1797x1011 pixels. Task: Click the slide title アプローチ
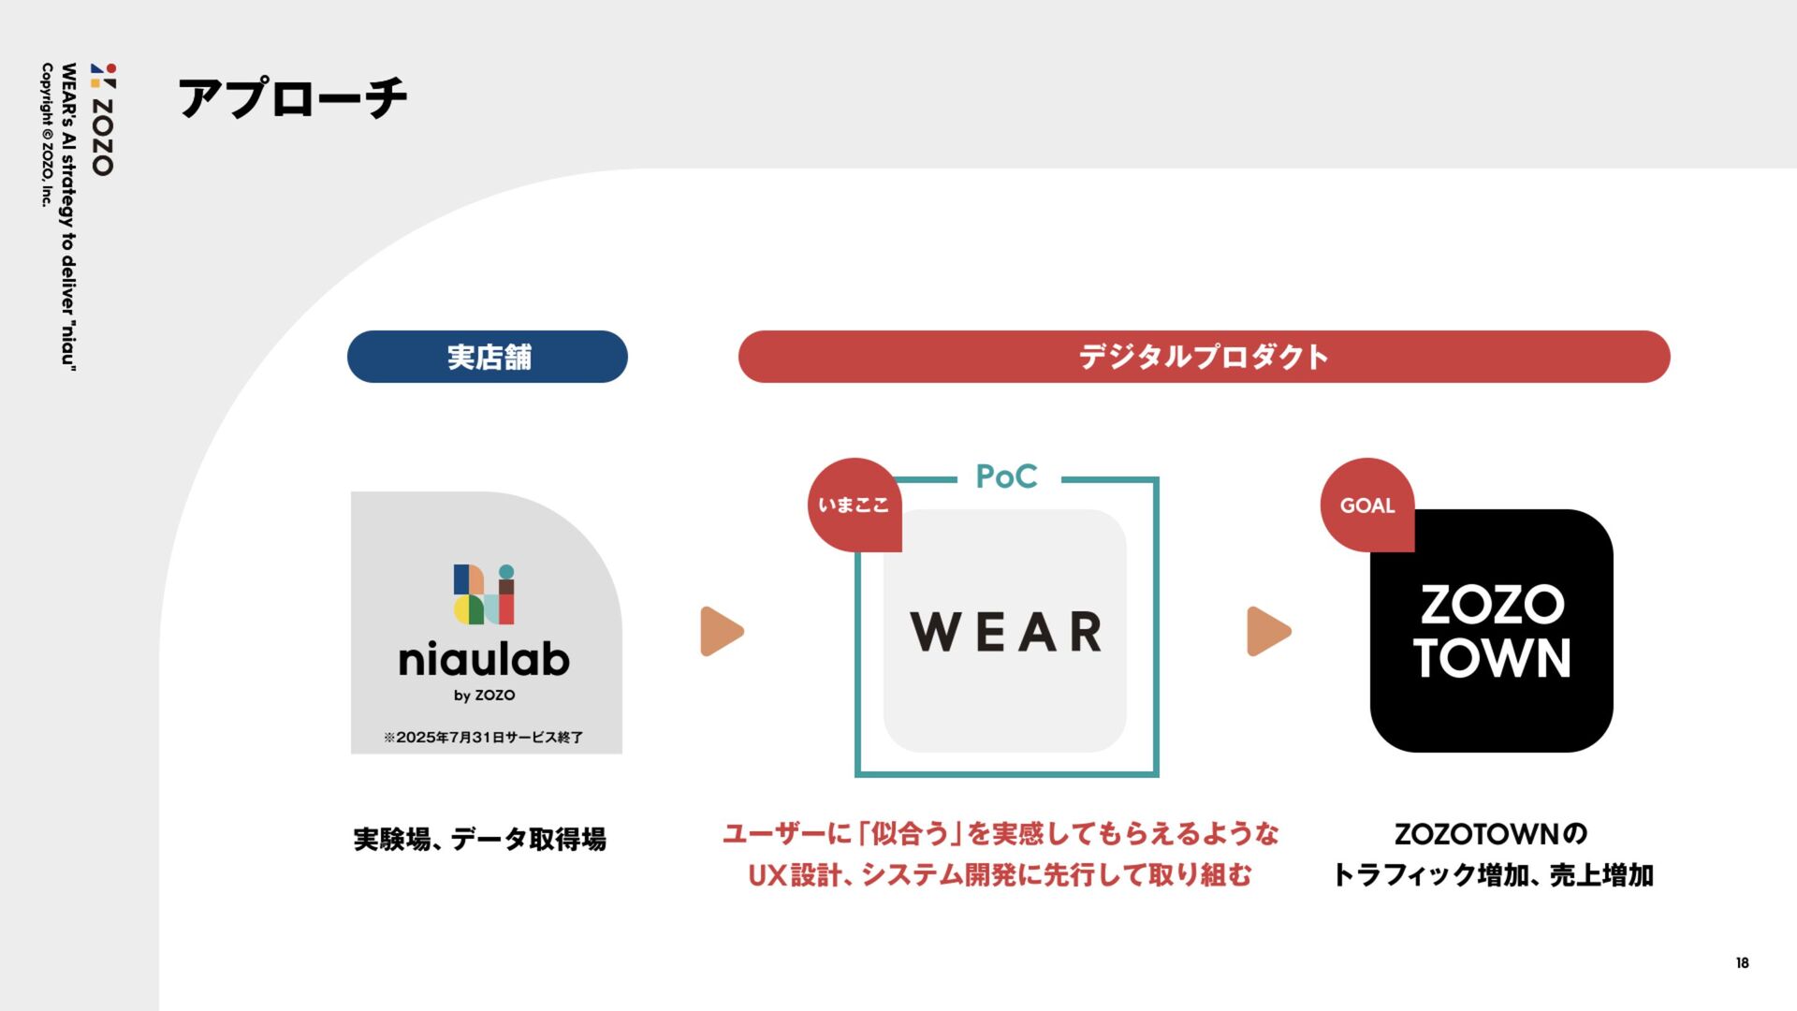(x=293, y=98)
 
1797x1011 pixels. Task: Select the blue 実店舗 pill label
(x=488, y=357)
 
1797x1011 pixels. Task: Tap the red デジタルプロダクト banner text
(x=1204, y=357)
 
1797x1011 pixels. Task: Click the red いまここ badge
(x=854, y=505)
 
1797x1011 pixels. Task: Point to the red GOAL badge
(x=1367, y=505)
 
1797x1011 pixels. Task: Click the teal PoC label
(x=1006, y=476)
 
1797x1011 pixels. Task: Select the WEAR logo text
(x=1006, y=632)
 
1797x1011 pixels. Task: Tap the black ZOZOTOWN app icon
(x=1491, y=631)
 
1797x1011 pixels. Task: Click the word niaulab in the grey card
(x=484, y=660)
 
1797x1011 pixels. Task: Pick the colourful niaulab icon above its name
(x=485, y=594)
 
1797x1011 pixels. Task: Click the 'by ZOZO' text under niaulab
(x=485, y=696)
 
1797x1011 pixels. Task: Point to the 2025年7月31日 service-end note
(x=483, y=738)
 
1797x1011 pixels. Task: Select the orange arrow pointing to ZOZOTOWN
(x=1268, y=632)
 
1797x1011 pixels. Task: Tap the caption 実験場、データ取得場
(x=480, y=840)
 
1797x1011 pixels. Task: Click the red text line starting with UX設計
(x=1000, y=875)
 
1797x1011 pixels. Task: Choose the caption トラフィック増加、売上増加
(x=1493, y=875)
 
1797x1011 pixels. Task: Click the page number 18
(x=1742, y=963)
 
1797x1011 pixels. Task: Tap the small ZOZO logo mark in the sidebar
(x=104, y=76)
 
